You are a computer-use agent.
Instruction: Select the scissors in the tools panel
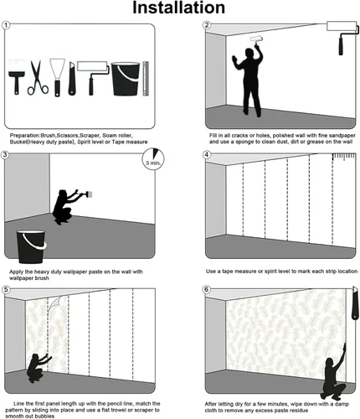pos(38,77)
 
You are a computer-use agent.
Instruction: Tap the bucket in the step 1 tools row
pos(123,78)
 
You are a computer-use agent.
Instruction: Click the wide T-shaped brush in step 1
pos(17,76)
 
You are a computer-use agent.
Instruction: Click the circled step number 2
pos(207,26)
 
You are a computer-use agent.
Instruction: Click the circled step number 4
pos(207,155)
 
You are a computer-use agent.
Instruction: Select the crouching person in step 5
pos(39,365)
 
